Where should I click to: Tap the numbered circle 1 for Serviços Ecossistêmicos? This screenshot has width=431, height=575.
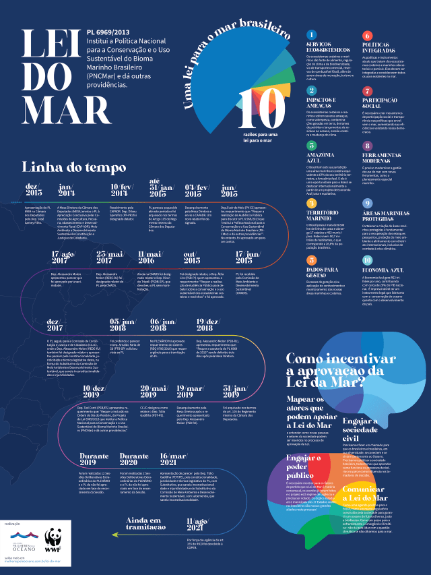point(310,35)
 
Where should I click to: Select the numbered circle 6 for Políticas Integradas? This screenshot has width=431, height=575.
point(367,35)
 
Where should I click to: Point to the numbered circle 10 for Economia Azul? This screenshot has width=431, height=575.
point(367,259)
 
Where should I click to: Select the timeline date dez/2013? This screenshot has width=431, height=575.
point(34,189)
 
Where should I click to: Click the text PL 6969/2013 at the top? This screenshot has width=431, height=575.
point(108,32)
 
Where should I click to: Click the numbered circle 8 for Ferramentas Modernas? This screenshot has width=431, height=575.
point(367,146)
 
